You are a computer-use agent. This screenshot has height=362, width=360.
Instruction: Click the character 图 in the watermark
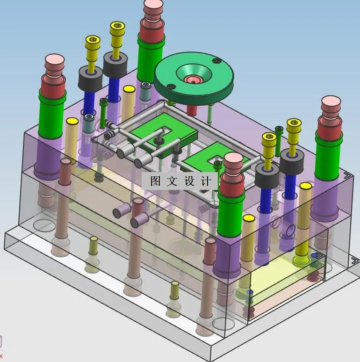(x=155, y=181)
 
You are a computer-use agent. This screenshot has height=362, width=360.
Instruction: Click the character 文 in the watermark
(x=172, y=181)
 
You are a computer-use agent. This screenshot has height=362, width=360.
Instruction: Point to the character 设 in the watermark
(x=189, y=181)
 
